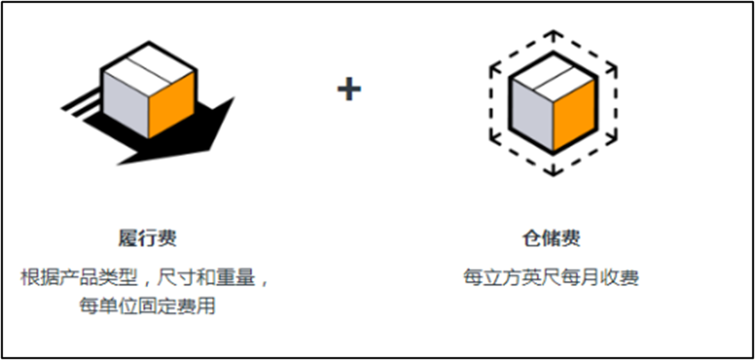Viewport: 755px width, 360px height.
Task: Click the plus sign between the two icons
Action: click(x=349, y=89)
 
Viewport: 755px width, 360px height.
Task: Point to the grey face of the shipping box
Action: click(x=125, y=102)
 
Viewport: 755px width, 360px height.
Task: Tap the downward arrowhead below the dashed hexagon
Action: click(x=552, y=171)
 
